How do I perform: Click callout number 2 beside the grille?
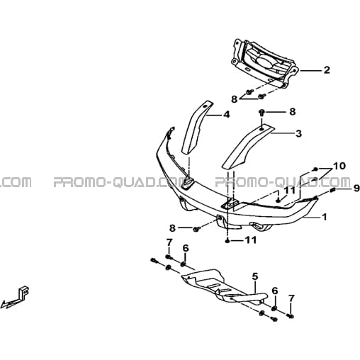click(x=327, y=70)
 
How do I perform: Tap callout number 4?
click(x=226, y=115)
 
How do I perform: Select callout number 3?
click(x=299, y=133)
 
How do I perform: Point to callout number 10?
click(x=339, y=166)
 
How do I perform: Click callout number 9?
click(x=356, y=189)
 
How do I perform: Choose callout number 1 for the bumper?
click(x=325, y=217)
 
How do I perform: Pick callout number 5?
click(x=255, y=276)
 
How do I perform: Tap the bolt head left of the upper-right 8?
click(x=261, y=112)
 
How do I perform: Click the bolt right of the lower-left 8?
click(x=196, y=228)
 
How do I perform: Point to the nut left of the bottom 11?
click(x=227, y=241)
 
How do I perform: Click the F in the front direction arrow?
click(x=24, y=293)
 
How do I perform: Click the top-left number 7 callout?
click(x=169, y=242)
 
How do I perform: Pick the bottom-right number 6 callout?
click(x=275, y=291)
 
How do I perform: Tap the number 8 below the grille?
click(x=234, y=99)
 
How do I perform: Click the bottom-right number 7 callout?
click(x=291, y=298)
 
